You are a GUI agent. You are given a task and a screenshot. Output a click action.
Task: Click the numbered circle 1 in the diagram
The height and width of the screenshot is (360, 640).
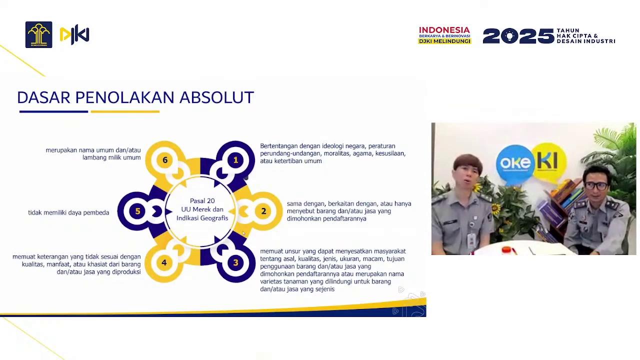[x=235, y=160]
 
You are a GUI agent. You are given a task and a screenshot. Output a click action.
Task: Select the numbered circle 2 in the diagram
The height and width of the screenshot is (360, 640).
[x=263, y=211]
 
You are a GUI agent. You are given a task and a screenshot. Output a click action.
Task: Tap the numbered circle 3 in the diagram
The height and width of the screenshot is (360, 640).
[x=235, y=262]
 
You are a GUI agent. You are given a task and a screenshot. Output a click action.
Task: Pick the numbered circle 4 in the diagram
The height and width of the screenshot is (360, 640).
[x=164, y=262]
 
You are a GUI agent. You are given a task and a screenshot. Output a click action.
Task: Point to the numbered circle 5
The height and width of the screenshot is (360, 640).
[x=137, y=211]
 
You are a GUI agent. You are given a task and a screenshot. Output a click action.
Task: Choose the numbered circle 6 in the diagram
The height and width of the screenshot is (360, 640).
[x=165, y=160]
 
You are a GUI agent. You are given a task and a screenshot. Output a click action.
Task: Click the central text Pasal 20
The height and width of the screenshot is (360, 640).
[x=202, y=201]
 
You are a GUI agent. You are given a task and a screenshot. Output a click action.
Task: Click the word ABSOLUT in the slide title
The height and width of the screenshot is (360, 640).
[x=216, y=97]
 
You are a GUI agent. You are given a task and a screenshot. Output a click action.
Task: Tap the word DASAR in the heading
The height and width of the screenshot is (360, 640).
[x=43, y=97]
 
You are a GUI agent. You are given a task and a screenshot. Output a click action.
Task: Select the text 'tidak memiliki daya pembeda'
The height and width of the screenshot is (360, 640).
[x=68, y=212]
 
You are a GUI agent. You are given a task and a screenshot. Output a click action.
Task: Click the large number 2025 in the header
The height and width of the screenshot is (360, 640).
[x=518, y=36]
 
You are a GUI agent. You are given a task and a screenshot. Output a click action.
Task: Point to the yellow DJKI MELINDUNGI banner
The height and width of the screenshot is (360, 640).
[x=444, y=41]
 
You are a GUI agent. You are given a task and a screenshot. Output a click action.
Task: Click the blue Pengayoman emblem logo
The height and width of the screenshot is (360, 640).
[x=38, y=35]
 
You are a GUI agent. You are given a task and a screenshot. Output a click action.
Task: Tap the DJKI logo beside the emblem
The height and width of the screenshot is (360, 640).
[x=74, y=35]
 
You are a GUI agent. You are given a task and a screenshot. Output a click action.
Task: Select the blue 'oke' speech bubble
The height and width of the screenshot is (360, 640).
[x=515, y=162]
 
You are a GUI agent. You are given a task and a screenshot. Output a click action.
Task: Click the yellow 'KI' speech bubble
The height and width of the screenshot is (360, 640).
[x=549, y=161]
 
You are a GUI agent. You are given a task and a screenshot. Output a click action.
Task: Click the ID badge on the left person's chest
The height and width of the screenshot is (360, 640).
[x=471, y=240]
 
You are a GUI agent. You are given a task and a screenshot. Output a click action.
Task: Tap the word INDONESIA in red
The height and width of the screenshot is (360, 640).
[x=444, y=30]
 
